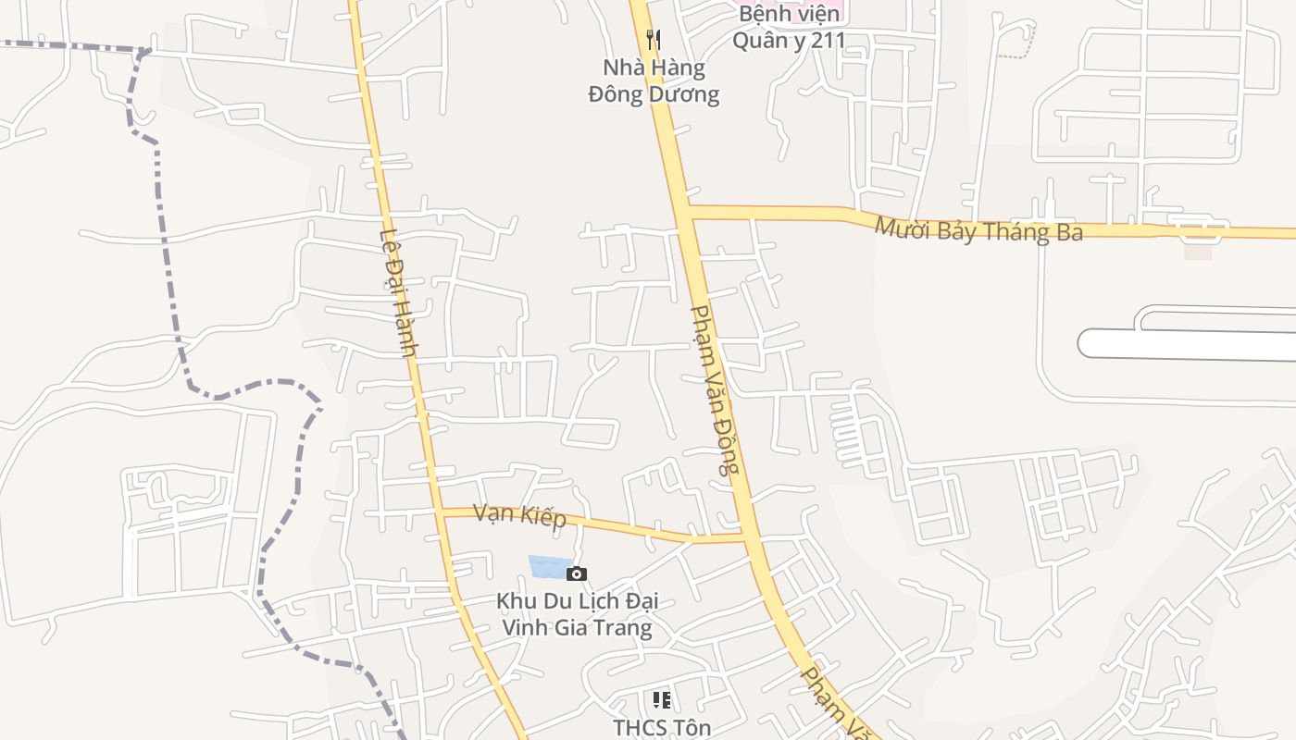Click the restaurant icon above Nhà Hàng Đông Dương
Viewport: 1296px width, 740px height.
tap(654, 39)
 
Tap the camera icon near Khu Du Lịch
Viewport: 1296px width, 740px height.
tap(576, 574)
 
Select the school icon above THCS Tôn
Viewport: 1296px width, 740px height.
tap(661, 699)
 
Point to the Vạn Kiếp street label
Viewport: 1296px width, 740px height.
tap(519, 514)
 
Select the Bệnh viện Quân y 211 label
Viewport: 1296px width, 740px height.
tap(790, 28)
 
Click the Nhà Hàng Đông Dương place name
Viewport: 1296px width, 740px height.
tap(654, 80)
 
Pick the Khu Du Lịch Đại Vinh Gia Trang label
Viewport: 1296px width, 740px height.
tap(577, 614)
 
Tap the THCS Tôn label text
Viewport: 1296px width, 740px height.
tap(662, 728)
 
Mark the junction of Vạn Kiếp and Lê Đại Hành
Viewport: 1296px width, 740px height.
tap(441, 511)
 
